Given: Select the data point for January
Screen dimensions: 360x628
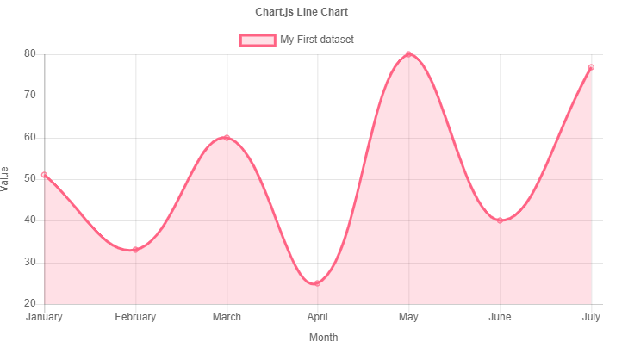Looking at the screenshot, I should tap(45, 175).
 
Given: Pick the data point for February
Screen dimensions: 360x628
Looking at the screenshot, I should tap(135, 250).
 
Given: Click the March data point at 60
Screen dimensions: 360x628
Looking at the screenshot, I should tap(227, 138).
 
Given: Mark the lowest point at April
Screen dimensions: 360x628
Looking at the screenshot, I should tap(317, 283).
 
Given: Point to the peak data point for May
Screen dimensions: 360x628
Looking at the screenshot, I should tap(408, 54).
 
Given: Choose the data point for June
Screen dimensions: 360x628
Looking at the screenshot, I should tap(500, 220).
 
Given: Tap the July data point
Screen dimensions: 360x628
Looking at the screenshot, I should tap(591, 67).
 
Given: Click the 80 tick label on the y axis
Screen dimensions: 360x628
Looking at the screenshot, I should tap(29, 54).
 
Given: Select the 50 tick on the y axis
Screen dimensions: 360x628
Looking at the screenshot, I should tap(29, 179).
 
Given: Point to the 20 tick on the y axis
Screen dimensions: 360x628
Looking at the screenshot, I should tap(29, 304).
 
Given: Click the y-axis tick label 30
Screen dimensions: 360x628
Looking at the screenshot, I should tap(29, 263).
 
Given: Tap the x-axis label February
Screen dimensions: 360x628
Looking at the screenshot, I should tap(135, 317).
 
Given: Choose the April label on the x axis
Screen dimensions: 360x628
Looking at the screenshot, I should tap(317, 317).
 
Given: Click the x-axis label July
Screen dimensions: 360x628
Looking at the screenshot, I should tap(591, 317).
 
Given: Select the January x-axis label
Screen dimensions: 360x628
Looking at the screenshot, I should tap(45, 317).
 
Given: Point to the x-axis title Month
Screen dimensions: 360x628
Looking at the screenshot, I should tap(323, 338).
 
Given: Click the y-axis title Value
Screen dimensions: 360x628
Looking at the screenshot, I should tap(7, 179).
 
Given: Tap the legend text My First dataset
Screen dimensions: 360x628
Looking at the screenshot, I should tap(317, 40).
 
